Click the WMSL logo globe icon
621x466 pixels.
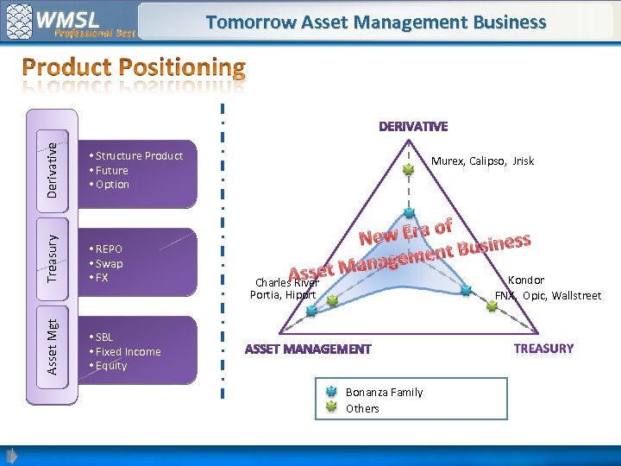[x=20, y=22]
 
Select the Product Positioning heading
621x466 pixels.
[x=134, y=67]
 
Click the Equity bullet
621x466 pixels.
[x=110, y=366]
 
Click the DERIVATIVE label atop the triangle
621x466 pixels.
[x=413, y=127]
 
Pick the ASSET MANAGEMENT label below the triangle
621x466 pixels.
[x=308, y=349]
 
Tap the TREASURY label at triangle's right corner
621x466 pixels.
[x=543, y=349]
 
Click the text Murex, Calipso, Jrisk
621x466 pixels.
[x=482, y=161]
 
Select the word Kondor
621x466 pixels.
[x=525, y=280]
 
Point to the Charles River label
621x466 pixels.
[x=287, y=282]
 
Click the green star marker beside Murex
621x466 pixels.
[x=409, y=171]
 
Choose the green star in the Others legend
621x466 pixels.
[x=330, y=407]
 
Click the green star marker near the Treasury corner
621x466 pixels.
[x=492, y=305]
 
